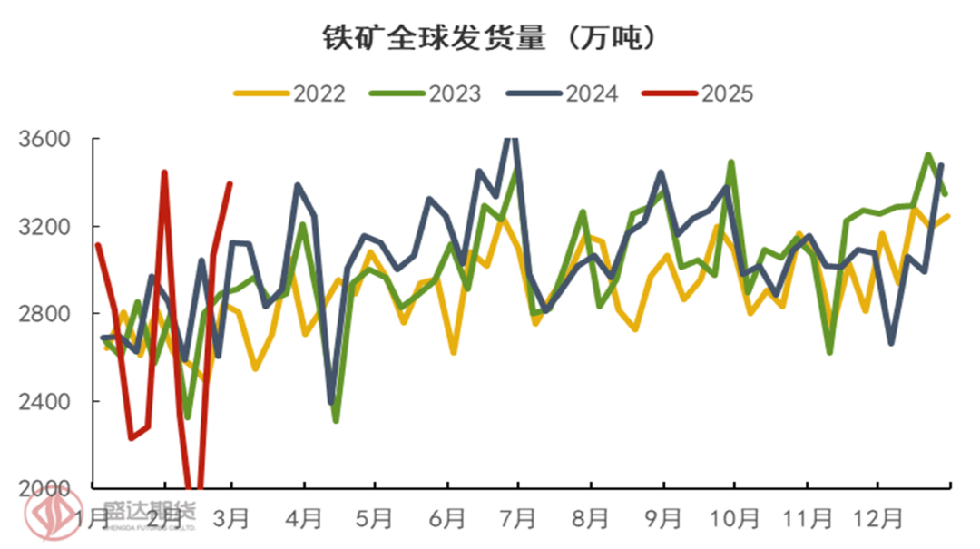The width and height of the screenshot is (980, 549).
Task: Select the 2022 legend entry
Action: pyautogui.click(x=290, y=93)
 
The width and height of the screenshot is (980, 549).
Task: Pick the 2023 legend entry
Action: pyautogui.click(x=426, y=93)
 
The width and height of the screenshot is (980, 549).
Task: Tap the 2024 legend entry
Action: pyautogui.click(x=563, y=93)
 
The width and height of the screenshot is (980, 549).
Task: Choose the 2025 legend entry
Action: pyautogui.click(x=699, y=93)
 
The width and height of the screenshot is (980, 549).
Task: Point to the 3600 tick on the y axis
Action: pyautogui.click(x=44, y=140)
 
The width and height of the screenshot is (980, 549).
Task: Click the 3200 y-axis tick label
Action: pyautogui.click(x=44, y=227)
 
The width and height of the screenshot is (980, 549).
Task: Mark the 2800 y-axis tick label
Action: pyautogui.click(x=44, y=314)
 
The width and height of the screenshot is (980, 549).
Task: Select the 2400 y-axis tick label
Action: pyautogui.click(x=44, y=401)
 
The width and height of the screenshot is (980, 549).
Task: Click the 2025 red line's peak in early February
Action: pyautogui.click(x=164, y=172)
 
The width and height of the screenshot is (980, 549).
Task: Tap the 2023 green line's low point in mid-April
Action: pyautogui.click(x=336, y=420)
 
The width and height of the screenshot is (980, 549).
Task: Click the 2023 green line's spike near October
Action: pyautogui.click(x=731, y=162)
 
